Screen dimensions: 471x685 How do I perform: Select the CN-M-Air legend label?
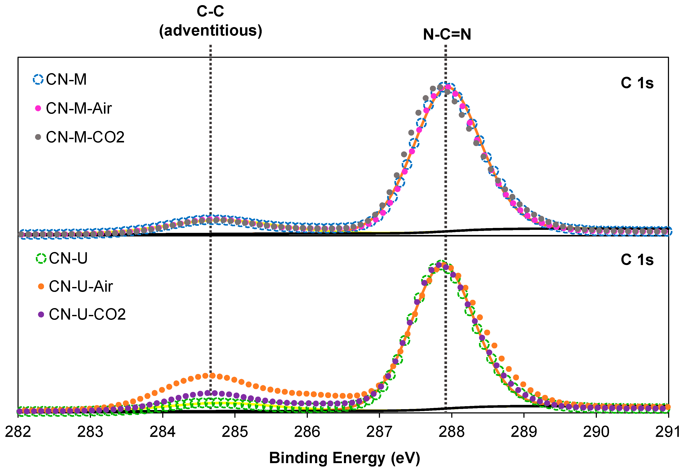click(x=79, y=108)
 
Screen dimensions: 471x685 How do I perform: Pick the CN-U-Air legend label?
click(x=81, y=286)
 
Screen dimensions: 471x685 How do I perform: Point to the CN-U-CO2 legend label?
click(x=87, y=314)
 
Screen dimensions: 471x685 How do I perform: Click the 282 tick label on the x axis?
click(x=18, y=432)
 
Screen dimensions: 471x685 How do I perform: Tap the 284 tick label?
click(x=162, y=432)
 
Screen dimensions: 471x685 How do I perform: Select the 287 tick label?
click(x=379, y=432)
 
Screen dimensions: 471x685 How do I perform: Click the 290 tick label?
click(x=596, y=432)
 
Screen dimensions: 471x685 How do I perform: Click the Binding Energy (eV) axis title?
click(x=344, y=458)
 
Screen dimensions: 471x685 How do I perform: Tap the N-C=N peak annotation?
click(x=447, y=35)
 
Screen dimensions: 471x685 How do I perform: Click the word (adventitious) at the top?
click(x=210, y=31)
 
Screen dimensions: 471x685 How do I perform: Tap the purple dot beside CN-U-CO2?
click(x=41, y=314)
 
